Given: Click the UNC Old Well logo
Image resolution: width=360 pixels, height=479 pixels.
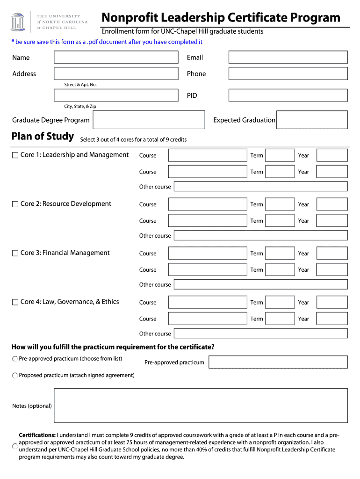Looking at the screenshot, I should coord(17,22).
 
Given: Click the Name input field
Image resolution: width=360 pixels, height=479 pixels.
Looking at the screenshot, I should coord(116,57).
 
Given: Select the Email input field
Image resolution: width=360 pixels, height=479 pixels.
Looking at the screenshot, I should coord(288,57).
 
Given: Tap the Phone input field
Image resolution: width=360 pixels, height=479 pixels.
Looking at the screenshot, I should coord(288,73).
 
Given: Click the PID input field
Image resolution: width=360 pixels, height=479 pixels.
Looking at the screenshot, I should coord(288,95).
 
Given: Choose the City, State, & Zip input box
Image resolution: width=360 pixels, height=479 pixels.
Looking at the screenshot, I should coord(116,95).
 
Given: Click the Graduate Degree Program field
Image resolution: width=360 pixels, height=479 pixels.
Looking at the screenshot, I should coord(149,120).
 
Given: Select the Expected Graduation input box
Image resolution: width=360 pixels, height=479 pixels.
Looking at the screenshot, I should coord(312,120).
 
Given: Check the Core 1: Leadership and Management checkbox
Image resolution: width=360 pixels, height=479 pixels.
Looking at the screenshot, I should coord(15,155).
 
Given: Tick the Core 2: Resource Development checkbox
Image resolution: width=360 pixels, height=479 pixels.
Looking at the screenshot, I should coord(15,204).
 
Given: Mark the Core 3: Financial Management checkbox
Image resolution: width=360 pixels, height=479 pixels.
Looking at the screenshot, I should coord(15,253).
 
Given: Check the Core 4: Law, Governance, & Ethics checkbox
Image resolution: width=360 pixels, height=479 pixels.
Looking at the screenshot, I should coord(15,302).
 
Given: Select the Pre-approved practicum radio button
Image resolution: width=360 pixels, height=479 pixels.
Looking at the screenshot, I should coord(15,359).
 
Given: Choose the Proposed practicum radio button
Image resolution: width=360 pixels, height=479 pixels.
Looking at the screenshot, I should coord(15,375).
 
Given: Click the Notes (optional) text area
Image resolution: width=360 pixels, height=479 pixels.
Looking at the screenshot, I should coord(201,405).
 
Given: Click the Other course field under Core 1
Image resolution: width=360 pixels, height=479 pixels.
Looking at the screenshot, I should coord(260,186).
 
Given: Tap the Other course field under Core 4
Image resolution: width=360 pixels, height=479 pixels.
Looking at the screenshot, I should coord(260,333).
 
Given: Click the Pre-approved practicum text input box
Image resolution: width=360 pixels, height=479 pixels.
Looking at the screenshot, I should coord(278,362).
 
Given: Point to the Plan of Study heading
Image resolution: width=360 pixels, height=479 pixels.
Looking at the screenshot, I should coord(43,136).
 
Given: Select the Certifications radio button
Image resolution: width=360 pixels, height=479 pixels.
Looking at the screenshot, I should coord(15,446).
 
